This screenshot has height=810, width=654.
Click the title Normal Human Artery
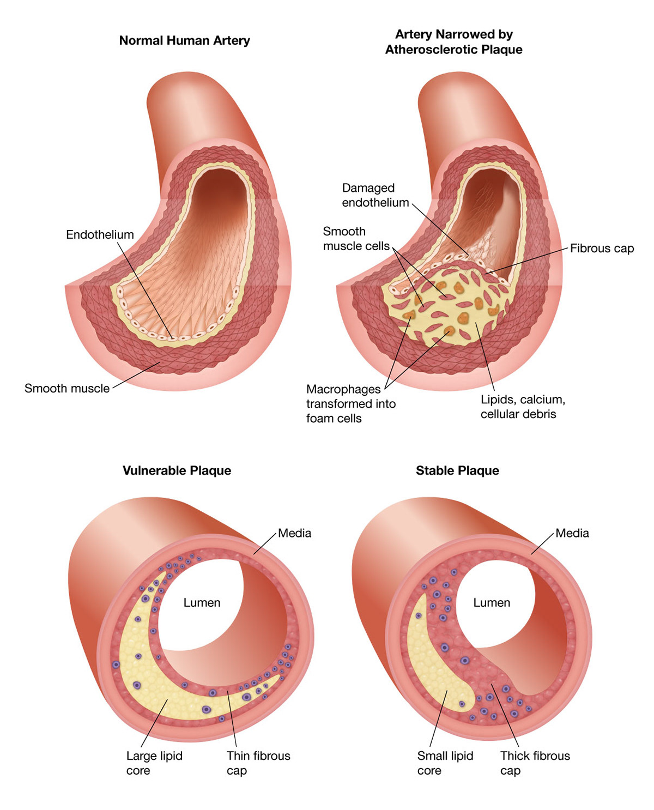coord(184,41)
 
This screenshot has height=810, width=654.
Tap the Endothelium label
coord(100,235)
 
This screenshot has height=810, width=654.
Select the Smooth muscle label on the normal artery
coord(67,389)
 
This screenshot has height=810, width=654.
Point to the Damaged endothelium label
coord(375,195)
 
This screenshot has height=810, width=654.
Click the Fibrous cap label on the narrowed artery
coord(602,249)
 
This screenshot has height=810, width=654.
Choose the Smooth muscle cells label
coord(356,239)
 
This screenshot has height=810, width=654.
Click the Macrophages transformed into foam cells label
coord(350,404)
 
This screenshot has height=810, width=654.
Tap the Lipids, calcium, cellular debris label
coord(522,407)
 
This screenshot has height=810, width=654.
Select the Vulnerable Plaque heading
coord(177,471)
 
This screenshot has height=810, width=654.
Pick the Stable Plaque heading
coord(457,471)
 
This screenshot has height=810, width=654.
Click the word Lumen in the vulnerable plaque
coord(202,603)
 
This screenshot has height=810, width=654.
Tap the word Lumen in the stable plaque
coord(492,603)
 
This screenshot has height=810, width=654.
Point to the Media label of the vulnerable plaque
coord(294,533)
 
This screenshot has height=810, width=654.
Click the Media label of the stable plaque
coord(572,533)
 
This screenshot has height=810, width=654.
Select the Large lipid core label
coord(154,763)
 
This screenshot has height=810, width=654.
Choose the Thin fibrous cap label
coord(258,763)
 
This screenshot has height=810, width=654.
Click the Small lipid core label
coord(445,763)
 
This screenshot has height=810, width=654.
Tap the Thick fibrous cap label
coord(535,763)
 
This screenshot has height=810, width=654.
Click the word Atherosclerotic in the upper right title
coord(431,50)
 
